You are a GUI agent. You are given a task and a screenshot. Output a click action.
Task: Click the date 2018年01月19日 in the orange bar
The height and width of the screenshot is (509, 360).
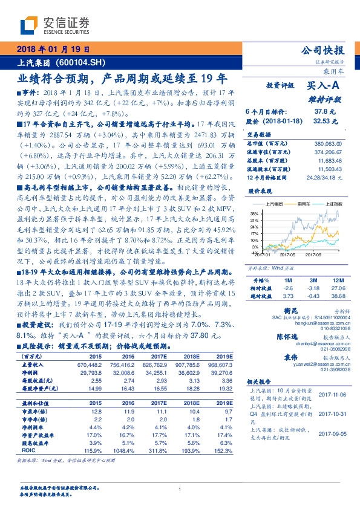click(x=55, y=50)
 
